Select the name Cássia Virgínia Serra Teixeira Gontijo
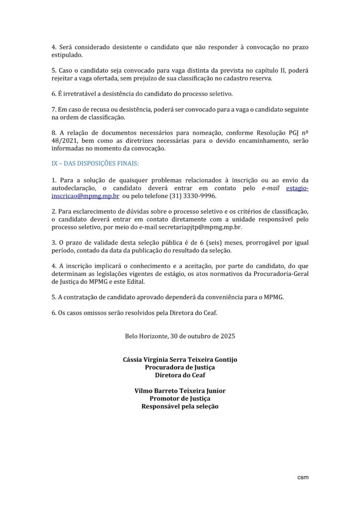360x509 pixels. pyautogui.click(x=180, y=359)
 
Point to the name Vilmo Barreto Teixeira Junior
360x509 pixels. pyautogui.click(x=180, y=391)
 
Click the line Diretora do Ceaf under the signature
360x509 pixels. pyautogui.click(x=180, y=375)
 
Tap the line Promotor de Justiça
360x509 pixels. pyautogui.click(x=180, y=399)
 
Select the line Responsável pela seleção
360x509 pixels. pyautogui.click(x=180, y=406)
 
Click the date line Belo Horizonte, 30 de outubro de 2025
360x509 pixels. pyautogui.click(x=180, y=336)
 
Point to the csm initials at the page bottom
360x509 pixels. pyautogui.click(x=302, y=478)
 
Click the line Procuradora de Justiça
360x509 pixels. pyautogui.click(x=180, y=367)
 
